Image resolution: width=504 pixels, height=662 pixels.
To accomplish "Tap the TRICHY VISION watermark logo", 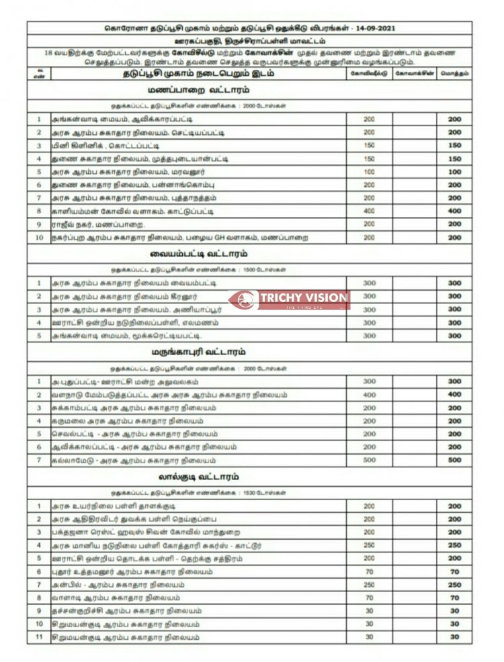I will (289, 299).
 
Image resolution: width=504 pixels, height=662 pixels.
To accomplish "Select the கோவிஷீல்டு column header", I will (369, 73).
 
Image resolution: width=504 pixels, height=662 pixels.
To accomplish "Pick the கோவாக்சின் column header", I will (415, 73).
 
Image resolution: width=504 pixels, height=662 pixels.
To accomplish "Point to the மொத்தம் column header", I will (454, 73).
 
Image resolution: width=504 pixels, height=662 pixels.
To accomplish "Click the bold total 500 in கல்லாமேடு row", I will (454, 460).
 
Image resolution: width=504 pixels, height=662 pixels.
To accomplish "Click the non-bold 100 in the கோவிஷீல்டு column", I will (369, 172).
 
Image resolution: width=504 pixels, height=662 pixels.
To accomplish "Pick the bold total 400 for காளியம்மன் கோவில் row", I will (454, 211).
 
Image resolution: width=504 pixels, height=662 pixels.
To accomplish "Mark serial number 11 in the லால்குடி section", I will (39, 637).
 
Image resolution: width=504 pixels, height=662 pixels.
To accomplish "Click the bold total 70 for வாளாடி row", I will (454, 598).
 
